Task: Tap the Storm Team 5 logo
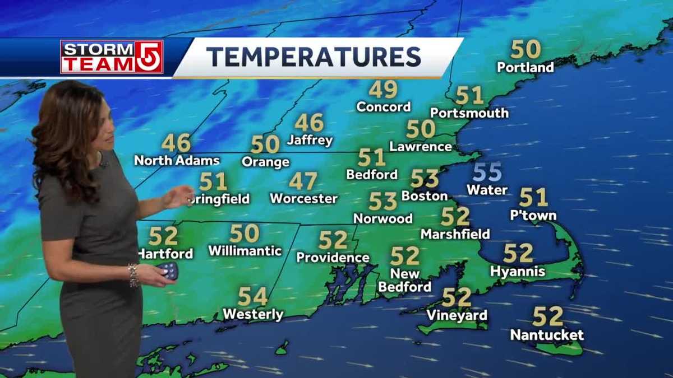[x=112, y=57]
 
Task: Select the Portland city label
[x=525, y=68]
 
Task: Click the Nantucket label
[x=547, y=335]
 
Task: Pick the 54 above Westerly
[x=252, y=296]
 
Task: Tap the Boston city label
[x=425, y=196]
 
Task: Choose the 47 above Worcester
[x=303, y=181]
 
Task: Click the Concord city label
[x=384, y=106]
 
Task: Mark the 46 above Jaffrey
[x=309, y=123]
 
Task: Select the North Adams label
[x=177, y=161]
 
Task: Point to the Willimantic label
[x=245, y=251]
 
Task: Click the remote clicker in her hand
[x=169, y=271]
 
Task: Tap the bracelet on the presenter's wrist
[x=133, y=275]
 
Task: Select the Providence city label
[x=333, y=258]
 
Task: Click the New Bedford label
[x=405, y=281]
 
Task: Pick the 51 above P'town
[x=533, y=197]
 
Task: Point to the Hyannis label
[x=517, y=272]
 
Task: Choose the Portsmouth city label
[x=470, y=113]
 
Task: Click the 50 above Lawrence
[x=421, y=129]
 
